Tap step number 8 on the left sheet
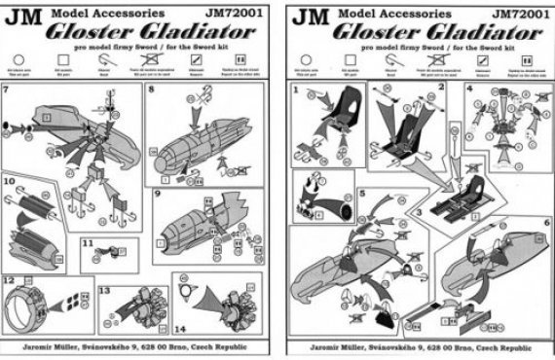coord(151,89)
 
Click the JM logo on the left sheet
coord(26,16)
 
